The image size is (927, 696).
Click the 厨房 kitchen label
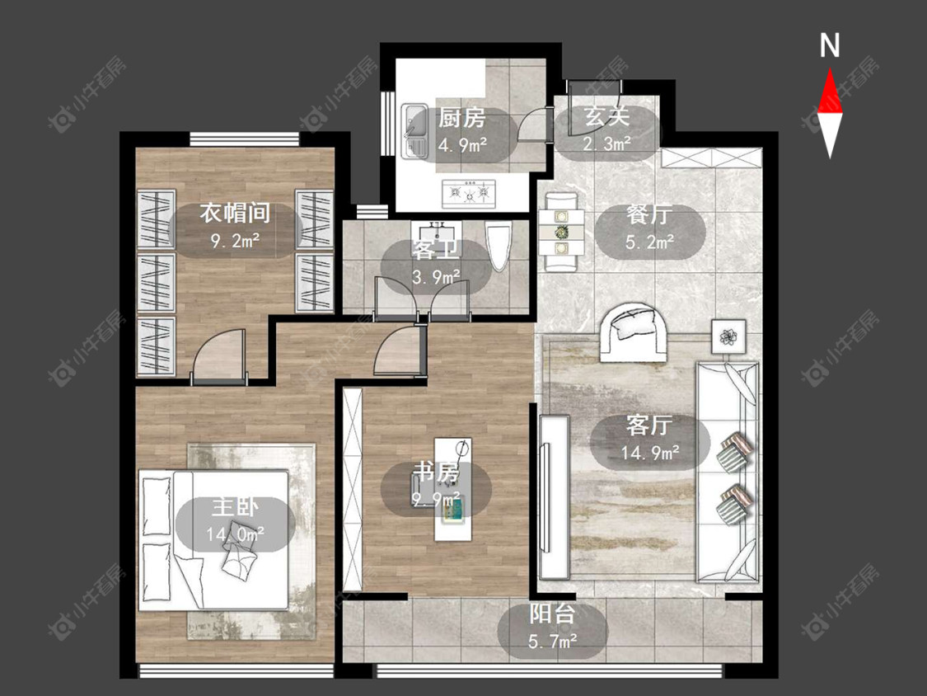[x=461, y=118]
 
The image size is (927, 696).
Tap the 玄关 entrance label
[x=606, y=116]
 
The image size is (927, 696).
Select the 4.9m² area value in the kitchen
[x=461, y=145]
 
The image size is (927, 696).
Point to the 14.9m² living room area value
[x=650, y=453]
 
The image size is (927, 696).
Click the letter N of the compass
[x=830, y=45]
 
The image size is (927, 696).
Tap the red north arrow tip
[x=830, y=68]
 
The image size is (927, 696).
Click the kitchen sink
[x=414, y=131]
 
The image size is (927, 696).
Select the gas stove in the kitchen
[x=470, y=192]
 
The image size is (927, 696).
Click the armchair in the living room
[x=633, y=332]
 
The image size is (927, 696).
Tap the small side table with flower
[x=728, y=336]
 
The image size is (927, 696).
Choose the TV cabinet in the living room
[x=554, y=497]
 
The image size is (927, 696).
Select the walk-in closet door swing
[x=218, y=357]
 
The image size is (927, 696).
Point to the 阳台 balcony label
[x=551, y=614]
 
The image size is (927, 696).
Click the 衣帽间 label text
[x=235, y=213]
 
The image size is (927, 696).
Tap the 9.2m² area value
[x=235, y=240]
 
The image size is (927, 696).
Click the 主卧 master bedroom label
[x=236, y=508]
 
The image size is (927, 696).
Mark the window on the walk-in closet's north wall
[x=245, y=139]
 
